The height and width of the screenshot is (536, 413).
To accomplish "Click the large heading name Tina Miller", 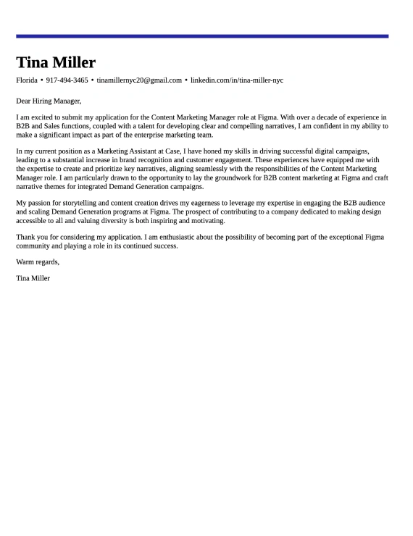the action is [56, 62].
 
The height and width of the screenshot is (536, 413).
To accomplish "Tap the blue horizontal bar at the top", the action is [202, 35].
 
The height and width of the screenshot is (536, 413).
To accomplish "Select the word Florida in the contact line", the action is [27, 80].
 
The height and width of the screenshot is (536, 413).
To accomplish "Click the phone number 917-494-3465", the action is [67, 80].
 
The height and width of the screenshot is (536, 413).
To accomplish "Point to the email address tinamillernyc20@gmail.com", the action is [139, 80].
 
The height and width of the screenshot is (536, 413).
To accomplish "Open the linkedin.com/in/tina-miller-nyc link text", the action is [236, 80].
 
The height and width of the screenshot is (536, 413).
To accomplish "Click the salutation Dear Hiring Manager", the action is [49, 101].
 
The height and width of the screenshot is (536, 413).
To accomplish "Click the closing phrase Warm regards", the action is [37, 261].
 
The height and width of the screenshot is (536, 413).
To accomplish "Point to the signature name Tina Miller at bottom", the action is [33, 277].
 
